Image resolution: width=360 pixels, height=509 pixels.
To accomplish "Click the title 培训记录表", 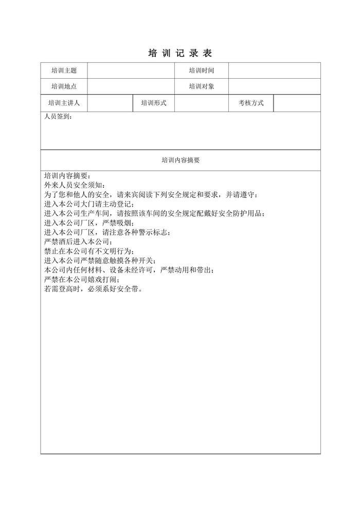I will tap(179, 53).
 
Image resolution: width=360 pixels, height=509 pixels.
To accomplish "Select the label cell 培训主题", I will tap(64, 70).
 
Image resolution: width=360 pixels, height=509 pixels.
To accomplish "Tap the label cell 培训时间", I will tap(201, 70).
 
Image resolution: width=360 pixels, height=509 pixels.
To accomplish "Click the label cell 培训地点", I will tap(64, 86).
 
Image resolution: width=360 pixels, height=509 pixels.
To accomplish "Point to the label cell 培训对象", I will tap(201, 86).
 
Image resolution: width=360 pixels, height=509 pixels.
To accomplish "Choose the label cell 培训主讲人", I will tap(64, 103).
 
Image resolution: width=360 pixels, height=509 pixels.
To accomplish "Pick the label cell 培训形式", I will tap(154, 103).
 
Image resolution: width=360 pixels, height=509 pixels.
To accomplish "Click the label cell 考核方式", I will tap(251, 103).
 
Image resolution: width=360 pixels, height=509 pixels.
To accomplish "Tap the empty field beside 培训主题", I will tap(131, 70).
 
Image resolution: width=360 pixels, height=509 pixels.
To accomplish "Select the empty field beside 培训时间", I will tap(274, 70).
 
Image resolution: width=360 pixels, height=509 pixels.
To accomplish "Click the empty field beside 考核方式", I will tap(297, 103).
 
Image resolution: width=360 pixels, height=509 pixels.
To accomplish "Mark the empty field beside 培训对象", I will tap(274, 86).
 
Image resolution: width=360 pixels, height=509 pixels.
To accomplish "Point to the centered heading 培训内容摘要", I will tap(181, 160).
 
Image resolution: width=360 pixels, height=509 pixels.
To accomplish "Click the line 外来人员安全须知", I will tap(75, 185).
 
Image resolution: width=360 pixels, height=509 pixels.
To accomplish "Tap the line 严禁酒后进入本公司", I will tap(78, 242).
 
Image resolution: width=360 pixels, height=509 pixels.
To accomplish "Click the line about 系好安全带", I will tap(93, 288).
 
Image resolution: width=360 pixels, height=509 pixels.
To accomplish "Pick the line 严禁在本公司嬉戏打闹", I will tap(82, 279).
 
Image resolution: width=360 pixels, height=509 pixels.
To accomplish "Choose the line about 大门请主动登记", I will tap(88, 204).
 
